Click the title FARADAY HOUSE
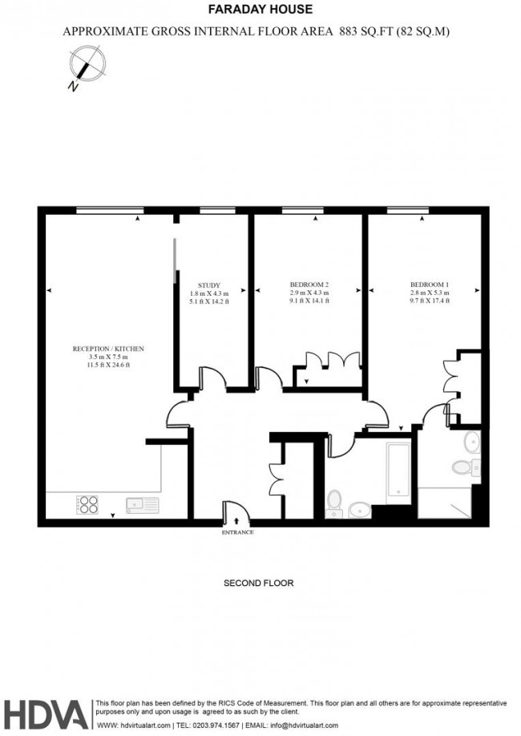pos(260,10)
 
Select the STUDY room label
pos(211,285)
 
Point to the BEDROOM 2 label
pos(309,285)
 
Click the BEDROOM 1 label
pos(430,285)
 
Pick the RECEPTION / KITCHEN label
pos(108,349)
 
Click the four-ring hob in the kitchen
pos(87,505)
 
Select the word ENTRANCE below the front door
pos(237,532)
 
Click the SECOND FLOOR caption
pos(258,584)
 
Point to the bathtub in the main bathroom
pos(398,471)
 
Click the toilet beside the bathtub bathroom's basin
pos(334,503)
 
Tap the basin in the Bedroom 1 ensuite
pos(471,440)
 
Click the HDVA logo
pos(45,714)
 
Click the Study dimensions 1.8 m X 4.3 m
pos(211,293)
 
